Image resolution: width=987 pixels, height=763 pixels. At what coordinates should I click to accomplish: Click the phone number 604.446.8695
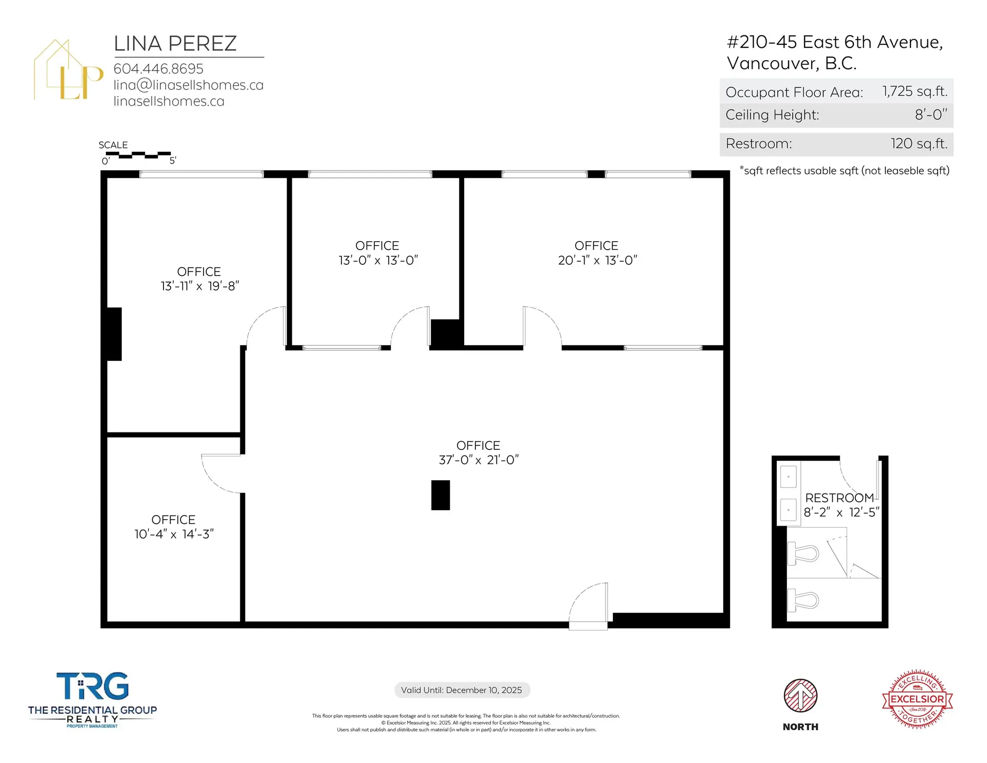(x=158, y=68)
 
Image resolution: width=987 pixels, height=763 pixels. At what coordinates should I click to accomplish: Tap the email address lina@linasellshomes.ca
(x=188, y=85)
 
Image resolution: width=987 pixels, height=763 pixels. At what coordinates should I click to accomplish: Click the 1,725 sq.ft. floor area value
(x=915, y=92)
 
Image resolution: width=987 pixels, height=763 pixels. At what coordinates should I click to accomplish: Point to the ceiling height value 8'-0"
(x=930, y=115)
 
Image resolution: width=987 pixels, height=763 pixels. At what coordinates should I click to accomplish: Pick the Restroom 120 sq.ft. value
(x=919, y=143)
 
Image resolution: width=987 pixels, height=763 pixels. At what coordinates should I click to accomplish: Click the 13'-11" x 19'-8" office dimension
(x=200, y=286)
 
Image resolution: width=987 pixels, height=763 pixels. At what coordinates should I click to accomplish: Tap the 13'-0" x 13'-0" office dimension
(x=378, y=260)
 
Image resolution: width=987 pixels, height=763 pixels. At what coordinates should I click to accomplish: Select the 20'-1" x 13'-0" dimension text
(x=597, y=260)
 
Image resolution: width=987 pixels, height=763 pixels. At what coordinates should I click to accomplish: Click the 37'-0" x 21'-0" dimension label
(x=479, y=460)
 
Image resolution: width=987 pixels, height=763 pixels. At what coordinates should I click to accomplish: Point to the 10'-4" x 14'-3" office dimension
(x=174, y=534)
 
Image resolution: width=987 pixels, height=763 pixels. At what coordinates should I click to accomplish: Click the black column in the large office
(x=441, y=495)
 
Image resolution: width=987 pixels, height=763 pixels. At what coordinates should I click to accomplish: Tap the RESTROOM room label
(x=839, y=498)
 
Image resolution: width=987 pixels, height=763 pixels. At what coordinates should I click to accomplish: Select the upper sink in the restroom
(x=788, y=477)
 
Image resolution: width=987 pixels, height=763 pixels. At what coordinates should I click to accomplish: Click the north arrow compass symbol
(x=800, y=696)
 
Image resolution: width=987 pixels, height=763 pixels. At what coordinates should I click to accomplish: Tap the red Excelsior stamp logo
(x=918, y=699)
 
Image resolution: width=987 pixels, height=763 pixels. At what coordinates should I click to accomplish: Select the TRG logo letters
(x=93, y=686)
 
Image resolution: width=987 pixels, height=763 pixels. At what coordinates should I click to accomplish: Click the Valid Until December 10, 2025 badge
(x=462, y=690)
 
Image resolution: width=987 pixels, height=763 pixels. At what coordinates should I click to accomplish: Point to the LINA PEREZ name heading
(x=175, y=44)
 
